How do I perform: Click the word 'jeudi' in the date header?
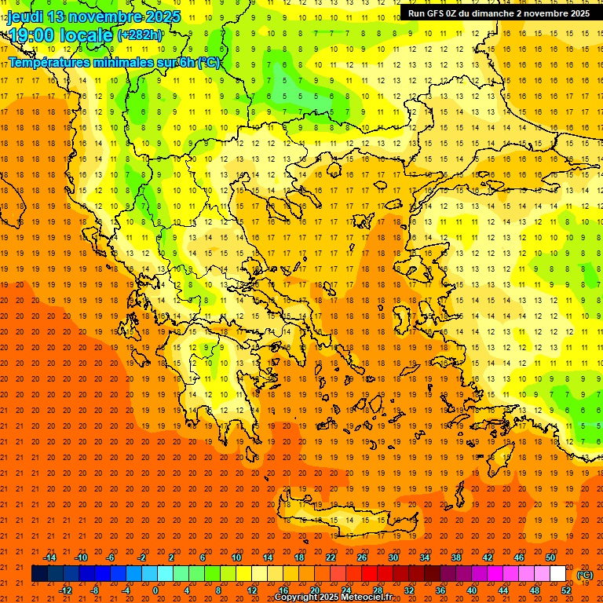25,16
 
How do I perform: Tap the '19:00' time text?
29,35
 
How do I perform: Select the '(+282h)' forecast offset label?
140,35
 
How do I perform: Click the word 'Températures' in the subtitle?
49,62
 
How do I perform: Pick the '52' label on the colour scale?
566,590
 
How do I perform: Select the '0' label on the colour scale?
155,590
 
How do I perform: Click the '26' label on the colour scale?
362,557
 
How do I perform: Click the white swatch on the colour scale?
557,574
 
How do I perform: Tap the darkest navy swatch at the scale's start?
39,574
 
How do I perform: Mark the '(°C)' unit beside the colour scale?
585,575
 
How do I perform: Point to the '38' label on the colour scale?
456,557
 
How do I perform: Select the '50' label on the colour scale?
550,557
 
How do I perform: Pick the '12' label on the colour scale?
252,590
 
